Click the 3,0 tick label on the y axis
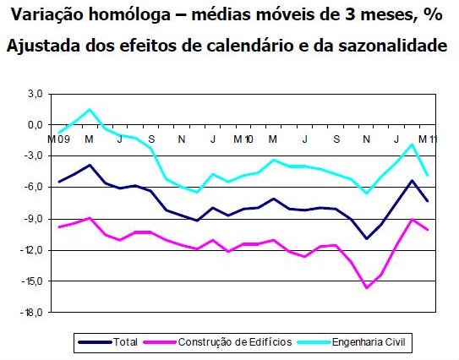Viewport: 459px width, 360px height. pyautogui.click(x=35, y=94)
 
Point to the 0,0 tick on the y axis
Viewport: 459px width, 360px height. pyautogui.click(x=35, y=125)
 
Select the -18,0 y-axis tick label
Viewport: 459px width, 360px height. pyautogui.click(x=32, y=313)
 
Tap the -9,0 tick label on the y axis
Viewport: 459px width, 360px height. pyautogui.click(x=33, y=219)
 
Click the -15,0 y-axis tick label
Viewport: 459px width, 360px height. pyautogui.click(x=32, y=281)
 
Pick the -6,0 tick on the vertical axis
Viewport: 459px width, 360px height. pyautogui.click(x=33, y=188)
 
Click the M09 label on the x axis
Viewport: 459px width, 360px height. pyautogui.click(x=58, y=139)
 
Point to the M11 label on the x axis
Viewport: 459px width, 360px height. pyautogui.click(x=428, y=139)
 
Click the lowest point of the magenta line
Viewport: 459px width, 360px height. pyautogui.click(x=366, y=288)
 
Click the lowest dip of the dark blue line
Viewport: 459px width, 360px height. pyautogui.click(x=366, y=238)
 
